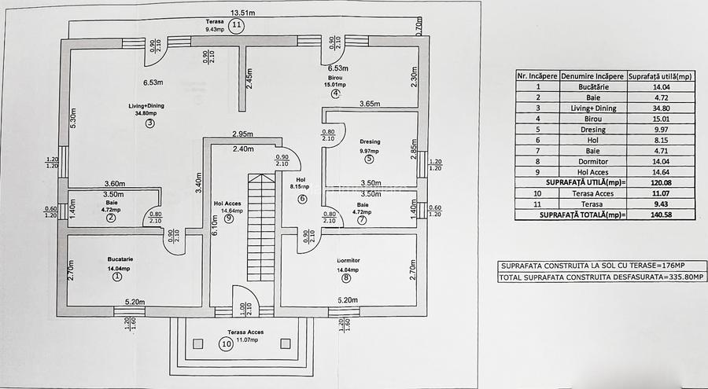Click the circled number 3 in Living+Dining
(149, 123)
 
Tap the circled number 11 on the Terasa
(237, 25)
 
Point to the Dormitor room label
(348, 259)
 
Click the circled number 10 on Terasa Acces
(227, 343)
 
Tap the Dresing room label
(371, 142)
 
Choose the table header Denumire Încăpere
(593, 76)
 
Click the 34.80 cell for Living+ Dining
(650, 108)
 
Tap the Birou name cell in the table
(593, 119)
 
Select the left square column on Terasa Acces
(198, 343)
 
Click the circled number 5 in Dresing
(370, 159)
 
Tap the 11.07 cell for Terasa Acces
(650, 192)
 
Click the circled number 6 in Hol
(302, 199)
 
